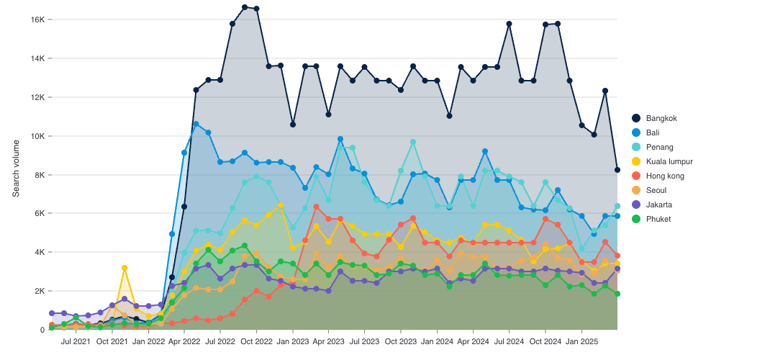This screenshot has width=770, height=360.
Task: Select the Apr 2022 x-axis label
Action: point(184,340)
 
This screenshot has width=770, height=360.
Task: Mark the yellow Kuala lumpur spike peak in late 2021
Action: point(124,268)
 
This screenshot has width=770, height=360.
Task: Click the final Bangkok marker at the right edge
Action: point(617,170)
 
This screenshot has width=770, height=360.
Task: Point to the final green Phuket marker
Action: point(617,294)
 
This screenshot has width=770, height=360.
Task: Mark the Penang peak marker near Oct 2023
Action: point(413,143)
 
